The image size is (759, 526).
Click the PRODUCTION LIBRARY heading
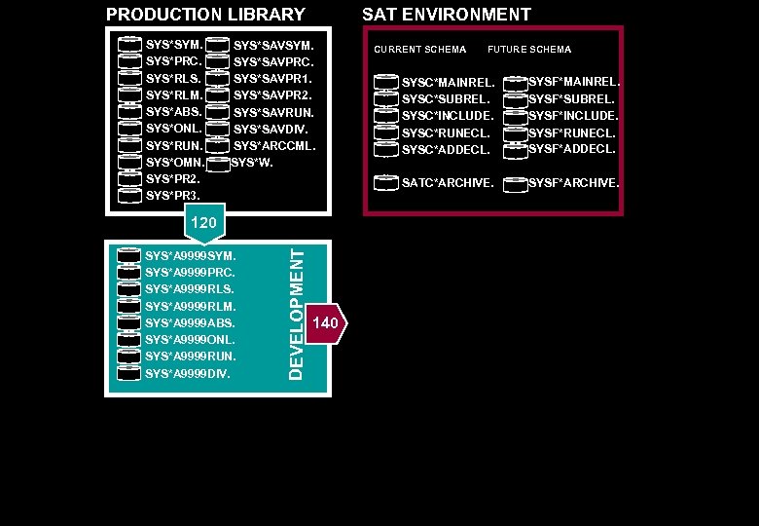point(205,15)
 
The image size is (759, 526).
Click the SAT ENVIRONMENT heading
point(447,15)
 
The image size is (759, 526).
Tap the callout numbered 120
point(203,223)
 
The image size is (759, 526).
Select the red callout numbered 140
point(326,323)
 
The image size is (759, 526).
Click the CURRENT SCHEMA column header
point(420,50)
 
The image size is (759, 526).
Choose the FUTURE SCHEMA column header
point(529,50)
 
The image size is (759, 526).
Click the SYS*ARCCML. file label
point(274,146)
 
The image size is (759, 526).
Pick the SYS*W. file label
point(252,163)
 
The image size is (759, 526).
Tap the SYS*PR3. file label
point(173,196)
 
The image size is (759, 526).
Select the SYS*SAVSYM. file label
point(273,45)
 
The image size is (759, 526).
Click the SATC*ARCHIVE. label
point(448,183)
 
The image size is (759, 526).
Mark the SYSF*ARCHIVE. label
point(573,183)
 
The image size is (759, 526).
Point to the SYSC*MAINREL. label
point(448,83)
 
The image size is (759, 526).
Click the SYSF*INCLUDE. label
point(573,116)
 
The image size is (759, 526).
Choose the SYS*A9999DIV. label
point(188,373)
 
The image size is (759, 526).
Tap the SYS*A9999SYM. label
point(191,256)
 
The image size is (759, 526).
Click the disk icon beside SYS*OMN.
point(130,163)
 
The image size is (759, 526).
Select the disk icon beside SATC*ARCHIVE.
point(387,182)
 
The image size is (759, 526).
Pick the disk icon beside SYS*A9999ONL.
point(130,339)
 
